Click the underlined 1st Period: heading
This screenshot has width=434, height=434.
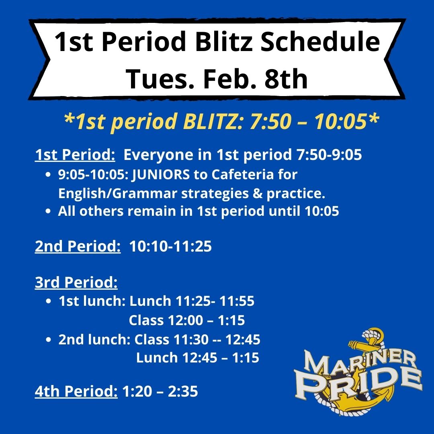(x=75, y=155)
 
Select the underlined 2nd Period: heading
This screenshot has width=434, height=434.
(x=78, y=246)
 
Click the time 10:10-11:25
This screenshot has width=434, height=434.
(x=170, y=246)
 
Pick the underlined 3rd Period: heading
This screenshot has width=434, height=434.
(x=76, y=283)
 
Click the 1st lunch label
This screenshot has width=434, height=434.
(x=91, y=301)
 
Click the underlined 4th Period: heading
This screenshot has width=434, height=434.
(x=76, y=391)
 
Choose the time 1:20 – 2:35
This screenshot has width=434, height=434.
(x=160, y=391)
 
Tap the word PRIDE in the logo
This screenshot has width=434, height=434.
(x=360, y=384)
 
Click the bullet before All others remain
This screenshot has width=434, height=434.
(x=48, y=212)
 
